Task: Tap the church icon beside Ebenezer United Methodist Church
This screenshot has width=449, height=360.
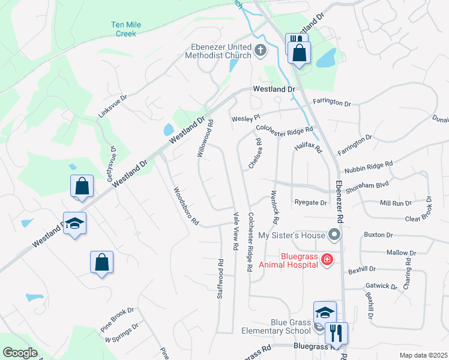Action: coord(261,50)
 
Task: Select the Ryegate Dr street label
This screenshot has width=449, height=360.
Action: coord(310,203)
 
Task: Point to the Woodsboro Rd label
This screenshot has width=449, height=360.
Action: coord(185,206)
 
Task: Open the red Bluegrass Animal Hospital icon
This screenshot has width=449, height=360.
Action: coord(327,259)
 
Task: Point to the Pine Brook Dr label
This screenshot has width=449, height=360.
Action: coord(117,320)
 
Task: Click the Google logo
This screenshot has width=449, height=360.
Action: coord(19,353)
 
